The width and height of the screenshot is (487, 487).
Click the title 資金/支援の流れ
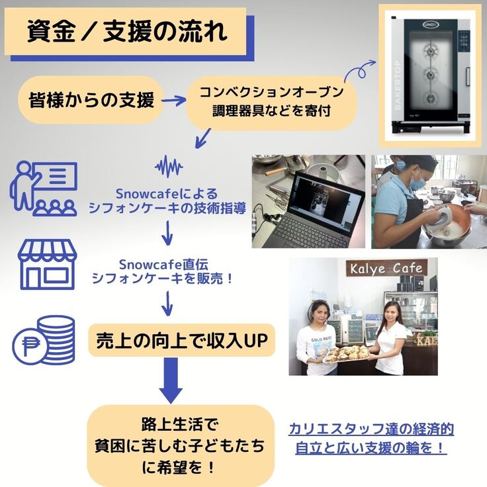coord(126,31)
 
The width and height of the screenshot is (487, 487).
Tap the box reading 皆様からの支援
coord(91,100)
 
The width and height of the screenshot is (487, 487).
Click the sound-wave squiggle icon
coord(169,166)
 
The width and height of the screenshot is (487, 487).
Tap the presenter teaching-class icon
coord(44,189)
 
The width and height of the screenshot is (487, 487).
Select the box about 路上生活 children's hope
coord(180,445)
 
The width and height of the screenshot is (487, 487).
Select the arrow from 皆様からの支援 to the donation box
coord(173,101)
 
